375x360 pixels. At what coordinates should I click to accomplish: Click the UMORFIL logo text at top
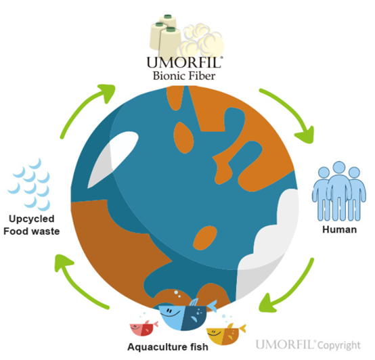(x=183, y=62)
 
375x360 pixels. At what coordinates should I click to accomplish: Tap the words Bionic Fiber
(x=184, y=76)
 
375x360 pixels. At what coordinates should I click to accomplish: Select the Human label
(x=339, y=229)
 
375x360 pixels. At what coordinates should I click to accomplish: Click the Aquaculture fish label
(x=168, y=347)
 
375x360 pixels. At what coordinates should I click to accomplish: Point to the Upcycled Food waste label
(x=32, y=225)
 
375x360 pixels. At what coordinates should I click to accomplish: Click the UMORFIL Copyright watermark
(x=308, y=344)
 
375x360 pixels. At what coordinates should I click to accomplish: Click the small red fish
(x=144, y=328)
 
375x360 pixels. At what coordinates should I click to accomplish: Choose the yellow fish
(x=225, y=334)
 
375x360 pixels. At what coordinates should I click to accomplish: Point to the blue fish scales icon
(x=30, y=185)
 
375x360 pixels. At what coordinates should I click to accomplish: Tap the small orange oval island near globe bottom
(x=205, y=238)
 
